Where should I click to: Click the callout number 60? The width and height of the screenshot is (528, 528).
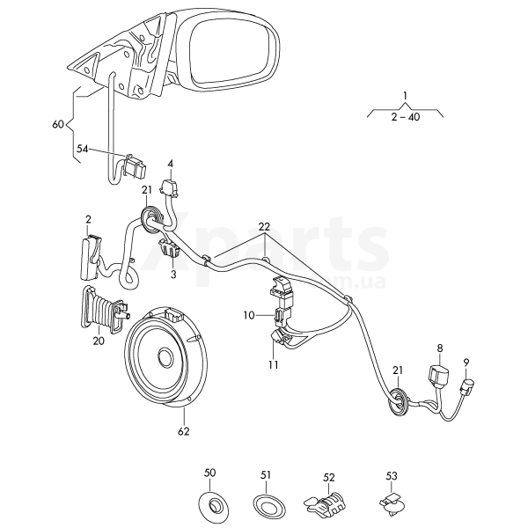(58, 124)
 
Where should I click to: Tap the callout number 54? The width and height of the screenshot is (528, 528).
(83, 149)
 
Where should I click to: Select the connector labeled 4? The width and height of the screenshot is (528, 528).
(169, 188)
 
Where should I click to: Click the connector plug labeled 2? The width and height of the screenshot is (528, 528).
(91, 258)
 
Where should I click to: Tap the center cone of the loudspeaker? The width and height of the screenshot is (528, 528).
(166, 357)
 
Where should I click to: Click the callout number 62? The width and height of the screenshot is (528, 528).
(184, 431)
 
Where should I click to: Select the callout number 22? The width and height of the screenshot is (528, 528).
(265, 227)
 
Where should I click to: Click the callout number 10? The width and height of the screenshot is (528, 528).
(250, 316)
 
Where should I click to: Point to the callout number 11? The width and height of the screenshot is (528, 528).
(274, 364)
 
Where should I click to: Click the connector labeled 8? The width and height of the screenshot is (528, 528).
(439, 375)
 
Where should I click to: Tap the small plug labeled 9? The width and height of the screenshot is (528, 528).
(466, 386)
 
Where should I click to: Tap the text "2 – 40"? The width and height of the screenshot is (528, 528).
(406, 117)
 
